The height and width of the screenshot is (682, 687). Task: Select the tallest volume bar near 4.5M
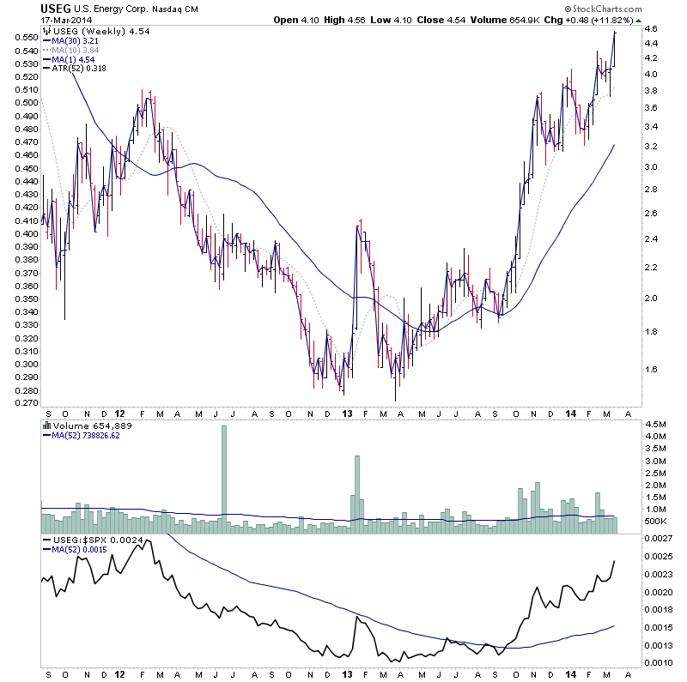point(224,477)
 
